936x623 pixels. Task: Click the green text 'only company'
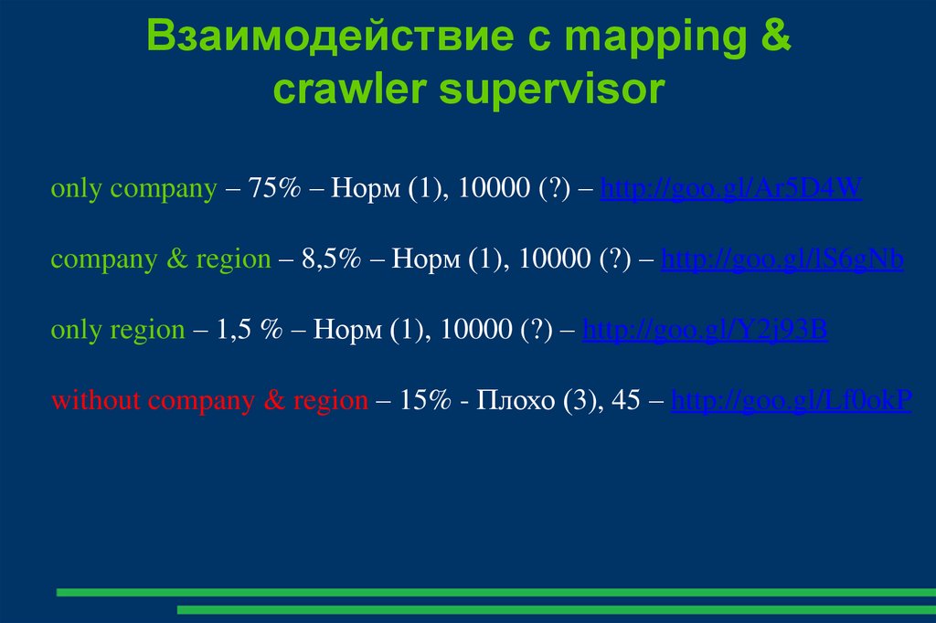[x=133, y=190]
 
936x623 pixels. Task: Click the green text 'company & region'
[x=161, y=259]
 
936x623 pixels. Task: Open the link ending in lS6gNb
[x=782, y=259]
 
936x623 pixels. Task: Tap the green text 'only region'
[x=118, y=330]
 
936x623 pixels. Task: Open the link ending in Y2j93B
[x=705, y=330]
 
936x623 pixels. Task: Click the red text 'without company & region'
[x=209, y=400]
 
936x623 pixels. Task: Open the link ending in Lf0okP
[x=792, y=400]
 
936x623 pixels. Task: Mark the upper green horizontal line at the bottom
[x=494, y=592]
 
